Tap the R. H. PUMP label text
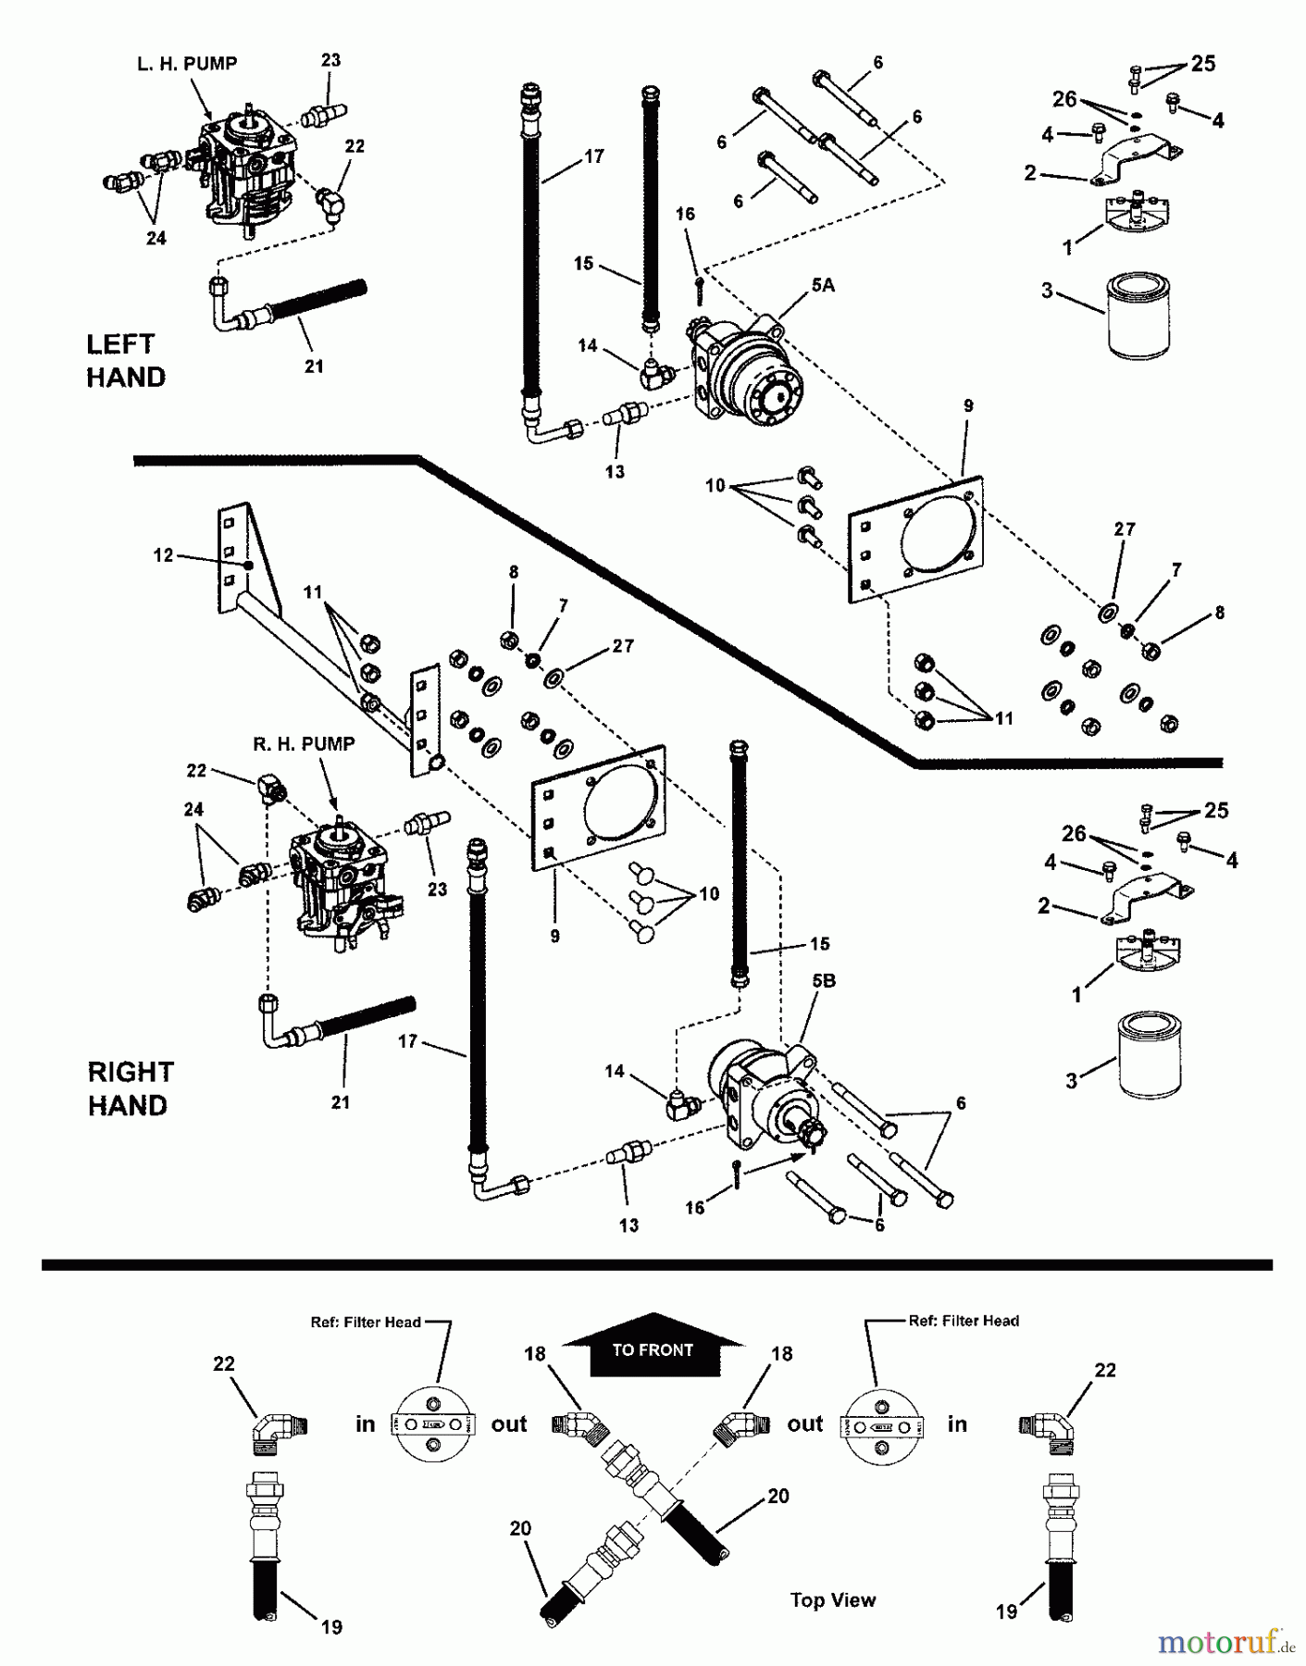click(x=304, y=744)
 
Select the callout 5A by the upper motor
click(x=823, y=286)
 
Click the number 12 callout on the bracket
click(x=163, y=555)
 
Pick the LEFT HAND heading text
click(x=126, y=361)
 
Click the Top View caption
click(x=832, y=1599)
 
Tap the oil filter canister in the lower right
click(x=1153, y=1055)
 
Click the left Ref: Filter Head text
click(x=366, y=1323)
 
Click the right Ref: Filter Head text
click(x=964, y=1321)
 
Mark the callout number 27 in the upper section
click(x=1125, y=529)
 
